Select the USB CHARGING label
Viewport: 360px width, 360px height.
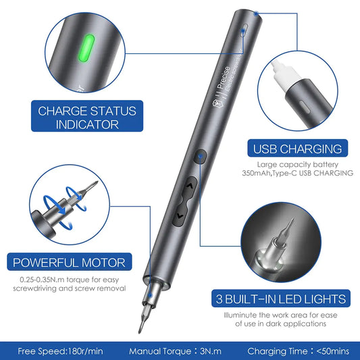297,149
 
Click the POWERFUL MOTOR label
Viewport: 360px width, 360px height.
67,262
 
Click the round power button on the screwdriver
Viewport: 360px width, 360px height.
202,157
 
